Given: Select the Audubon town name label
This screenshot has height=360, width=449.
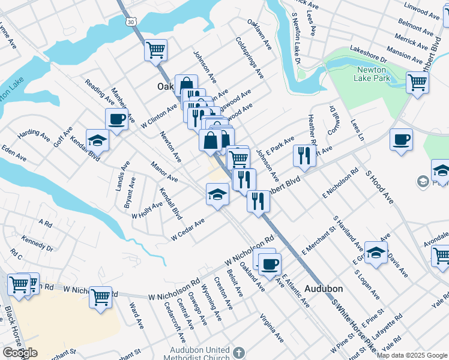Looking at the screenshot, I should [323, 288].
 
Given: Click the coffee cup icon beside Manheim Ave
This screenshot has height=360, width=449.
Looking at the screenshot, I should [117, 118].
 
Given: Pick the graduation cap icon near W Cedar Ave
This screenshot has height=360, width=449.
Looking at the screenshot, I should [217, 194].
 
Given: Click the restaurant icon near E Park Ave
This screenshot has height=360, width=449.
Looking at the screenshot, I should [304, 156].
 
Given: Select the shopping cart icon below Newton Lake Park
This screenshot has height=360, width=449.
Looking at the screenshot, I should [417, 82].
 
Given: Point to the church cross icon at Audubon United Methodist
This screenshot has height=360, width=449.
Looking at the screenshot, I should [238, 353].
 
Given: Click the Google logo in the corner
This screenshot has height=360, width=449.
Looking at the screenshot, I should [20, 353].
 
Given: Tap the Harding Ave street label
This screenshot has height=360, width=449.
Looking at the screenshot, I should [29, 134].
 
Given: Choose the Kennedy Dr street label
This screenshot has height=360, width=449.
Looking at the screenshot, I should [37, 242].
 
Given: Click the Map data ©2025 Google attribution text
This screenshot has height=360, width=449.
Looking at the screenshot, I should [412, 355].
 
